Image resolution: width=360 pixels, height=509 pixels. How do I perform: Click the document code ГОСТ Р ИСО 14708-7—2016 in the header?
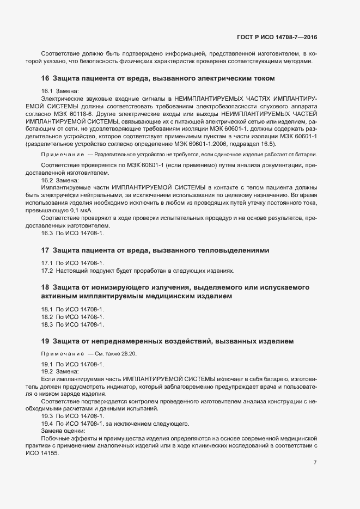click(x=278, y=37)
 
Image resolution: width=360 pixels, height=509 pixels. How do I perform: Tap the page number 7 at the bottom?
click(x=315, y=462)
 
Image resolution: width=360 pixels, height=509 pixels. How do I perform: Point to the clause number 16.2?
click(x=48, y=180)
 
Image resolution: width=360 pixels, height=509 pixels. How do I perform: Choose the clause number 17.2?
click(x=48, y=270)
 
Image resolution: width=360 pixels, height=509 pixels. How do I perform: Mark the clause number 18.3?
click(x=48, y=324)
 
